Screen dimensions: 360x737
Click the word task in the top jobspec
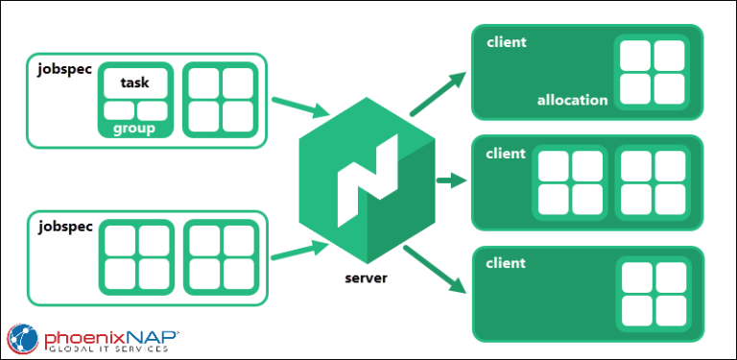click(x=135, y=83)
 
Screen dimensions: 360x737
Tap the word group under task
click(x=135, y=129)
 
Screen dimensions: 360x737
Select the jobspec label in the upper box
click(x=65, y=70)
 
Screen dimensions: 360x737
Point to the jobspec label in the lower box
click(x=65, y=227)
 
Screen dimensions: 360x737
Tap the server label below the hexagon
click(x=365, y=279)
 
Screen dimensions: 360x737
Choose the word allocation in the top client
click(x=572, y=100)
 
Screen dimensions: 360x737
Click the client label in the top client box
click(x=507, y=42)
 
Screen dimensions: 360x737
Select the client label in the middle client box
click(x=507, y=154)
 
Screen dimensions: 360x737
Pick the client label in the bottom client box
click(x=507, y=263)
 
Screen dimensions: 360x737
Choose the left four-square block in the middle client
click(x=570, y=183)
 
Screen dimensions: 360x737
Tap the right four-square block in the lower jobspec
click(x=221, y=255)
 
